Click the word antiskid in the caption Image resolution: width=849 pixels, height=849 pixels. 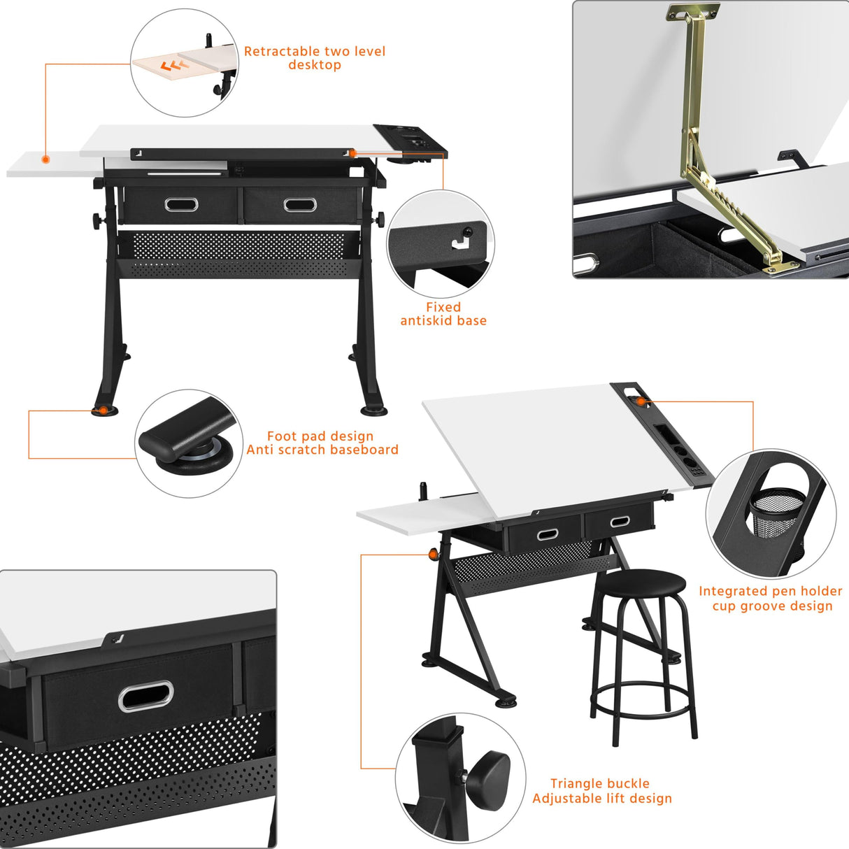point(426,321)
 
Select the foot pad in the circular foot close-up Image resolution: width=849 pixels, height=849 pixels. point(195,457)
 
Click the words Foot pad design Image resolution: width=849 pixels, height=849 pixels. point(320,436)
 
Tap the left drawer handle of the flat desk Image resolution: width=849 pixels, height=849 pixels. point(181,204)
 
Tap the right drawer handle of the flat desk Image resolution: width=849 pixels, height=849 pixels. point(300,205)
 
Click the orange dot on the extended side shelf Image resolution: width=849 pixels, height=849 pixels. point(45,159)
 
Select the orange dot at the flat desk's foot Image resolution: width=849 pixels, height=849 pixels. point(104,410)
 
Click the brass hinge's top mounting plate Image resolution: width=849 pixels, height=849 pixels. point(693,12)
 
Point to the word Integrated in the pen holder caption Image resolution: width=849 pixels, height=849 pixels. point(732,592)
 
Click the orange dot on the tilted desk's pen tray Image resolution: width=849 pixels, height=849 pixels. point(639,401)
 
